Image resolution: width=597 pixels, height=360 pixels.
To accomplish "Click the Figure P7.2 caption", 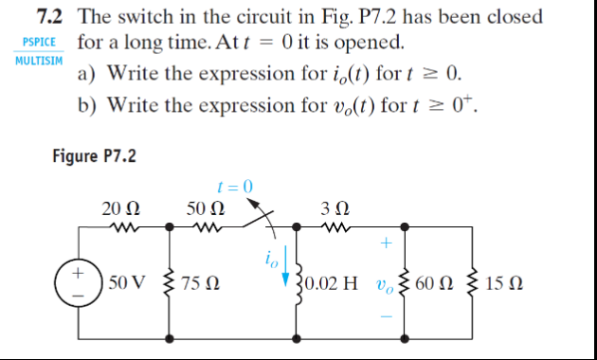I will pos(94,155).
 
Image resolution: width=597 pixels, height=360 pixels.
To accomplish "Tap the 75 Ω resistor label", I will pos(200,283).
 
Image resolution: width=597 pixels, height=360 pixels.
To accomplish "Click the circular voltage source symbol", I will pos(78,282).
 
